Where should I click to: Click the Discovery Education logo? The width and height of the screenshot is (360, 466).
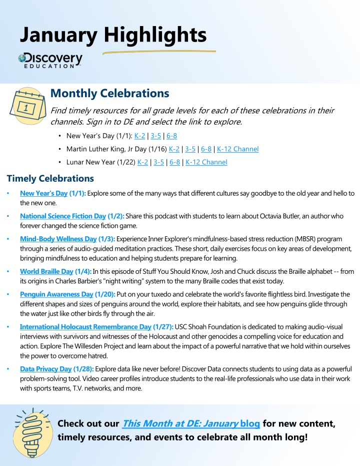click(50, 60)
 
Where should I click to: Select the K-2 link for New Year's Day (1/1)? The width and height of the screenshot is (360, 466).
click(140, 136)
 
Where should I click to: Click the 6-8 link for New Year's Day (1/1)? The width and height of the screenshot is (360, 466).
click(171, 136)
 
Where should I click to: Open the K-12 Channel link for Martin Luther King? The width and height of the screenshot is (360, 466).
click(237, 149)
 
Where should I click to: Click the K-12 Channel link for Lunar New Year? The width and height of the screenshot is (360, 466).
click(206, 162)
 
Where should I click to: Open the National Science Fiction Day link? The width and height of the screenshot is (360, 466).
click(63, 216)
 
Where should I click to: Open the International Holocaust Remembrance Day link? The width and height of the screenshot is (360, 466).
click(85, 326)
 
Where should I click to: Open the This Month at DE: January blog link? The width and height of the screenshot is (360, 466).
click(190, 424)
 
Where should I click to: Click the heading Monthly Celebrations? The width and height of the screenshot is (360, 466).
click(110, 94)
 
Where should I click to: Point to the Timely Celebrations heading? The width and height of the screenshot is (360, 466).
click(50, 178)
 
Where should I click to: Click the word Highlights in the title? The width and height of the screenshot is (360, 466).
click(155, 35)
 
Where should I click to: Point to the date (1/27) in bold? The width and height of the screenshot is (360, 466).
click(163, 326)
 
